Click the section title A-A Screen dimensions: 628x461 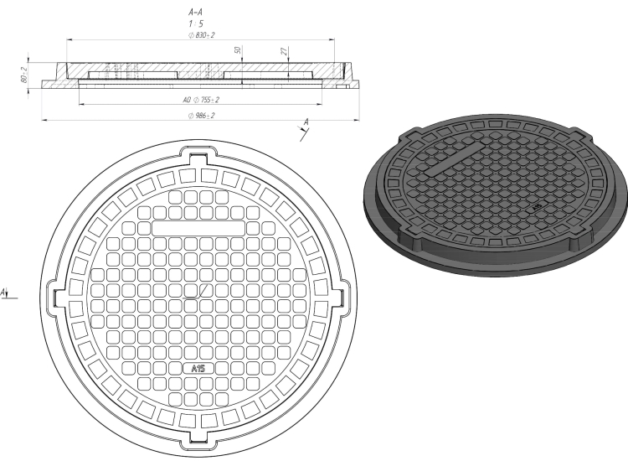click(x=195, y=13)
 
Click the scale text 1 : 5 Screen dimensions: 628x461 click(x=196, y=24)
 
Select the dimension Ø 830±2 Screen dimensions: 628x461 click(x=202, y=35)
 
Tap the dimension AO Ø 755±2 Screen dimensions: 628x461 click(x=201, y=100)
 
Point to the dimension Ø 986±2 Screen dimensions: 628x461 click(x=202, y=116)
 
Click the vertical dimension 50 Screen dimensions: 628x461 click(x=238, y=50)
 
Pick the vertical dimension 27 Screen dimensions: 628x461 click(x=284, y=51)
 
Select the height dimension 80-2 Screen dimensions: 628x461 click(x=23, y=75)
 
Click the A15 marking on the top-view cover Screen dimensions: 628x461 click(x=198, y=369)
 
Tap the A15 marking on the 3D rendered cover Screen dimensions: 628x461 click(x=538, y=207)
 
